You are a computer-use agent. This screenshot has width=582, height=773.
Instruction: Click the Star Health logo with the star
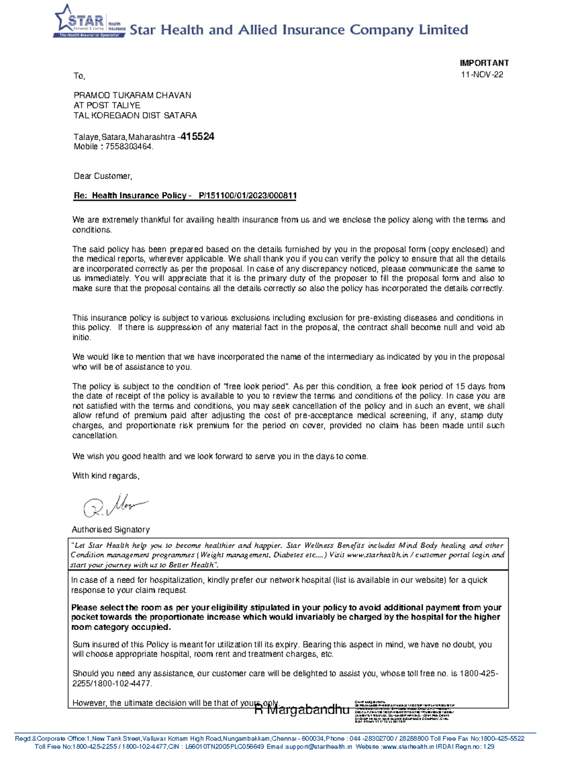coord(89,22)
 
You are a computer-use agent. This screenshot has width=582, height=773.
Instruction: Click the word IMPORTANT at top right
coord(484,63)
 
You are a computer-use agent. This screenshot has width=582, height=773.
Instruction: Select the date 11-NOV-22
coord(482,75)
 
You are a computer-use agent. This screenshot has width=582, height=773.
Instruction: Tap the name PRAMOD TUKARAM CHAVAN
coord(132,95)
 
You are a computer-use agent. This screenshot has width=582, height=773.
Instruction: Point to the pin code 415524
coord(197,137)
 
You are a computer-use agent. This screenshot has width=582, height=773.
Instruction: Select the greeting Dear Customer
coord(102,176)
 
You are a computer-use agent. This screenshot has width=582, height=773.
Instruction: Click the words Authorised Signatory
coord(111,530)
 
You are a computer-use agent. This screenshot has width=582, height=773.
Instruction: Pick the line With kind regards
coord(106,476)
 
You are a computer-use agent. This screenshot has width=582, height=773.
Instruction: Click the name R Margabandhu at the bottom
coord(302,710)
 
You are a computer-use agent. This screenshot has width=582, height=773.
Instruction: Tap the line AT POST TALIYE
coord(107,105)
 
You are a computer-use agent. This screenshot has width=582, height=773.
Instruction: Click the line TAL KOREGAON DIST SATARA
coord(135,116)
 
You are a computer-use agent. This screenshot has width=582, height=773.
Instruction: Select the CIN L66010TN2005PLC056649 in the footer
coord(225,747)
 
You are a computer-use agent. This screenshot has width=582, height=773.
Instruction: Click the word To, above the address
coord(79,76)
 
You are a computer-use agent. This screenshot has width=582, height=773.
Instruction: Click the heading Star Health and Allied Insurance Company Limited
coord(299,30)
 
